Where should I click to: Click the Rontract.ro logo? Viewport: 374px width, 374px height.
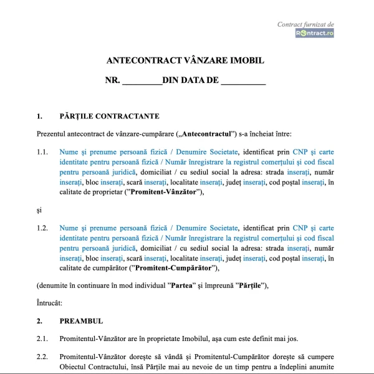(x=315, y=33)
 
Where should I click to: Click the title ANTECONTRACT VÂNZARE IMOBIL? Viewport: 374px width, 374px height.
(x=186, y=61)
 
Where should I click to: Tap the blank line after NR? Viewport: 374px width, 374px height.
(x=141, y=80)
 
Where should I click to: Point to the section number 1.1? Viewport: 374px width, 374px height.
(x=42, y=151)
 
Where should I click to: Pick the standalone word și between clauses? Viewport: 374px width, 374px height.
(x=39, y=210)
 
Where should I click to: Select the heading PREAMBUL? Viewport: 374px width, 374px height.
(x=81, y=321)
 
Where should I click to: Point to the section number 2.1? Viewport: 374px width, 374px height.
(x=42, y=339)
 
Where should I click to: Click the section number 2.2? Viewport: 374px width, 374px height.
(x=42, y=357)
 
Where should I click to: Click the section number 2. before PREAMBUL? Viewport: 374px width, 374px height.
(x=39, y=321)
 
